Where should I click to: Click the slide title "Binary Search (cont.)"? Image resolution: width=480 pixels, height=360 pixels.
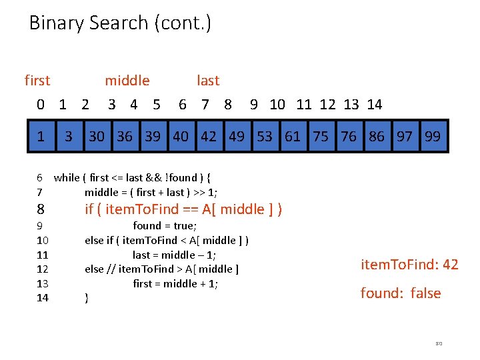tap(120, 23)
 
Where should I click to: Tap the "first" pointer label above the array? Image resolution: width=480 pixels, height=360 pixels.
tap(37, 81)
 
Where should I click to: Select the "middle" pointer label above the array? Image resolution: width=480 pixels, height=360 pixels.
tap(127, 81)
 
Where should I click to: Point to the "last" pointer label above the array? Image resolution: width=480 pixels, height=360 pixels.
tap(208, 81)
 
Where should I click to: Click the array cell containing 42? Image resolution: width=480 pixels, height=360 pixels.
tap(209, 137)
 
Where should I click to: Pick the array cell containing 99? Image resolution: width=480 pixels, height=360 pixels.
tap(433, 137)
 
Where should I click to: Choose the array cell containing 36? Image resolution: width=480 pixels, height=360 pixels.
tap(125, 137)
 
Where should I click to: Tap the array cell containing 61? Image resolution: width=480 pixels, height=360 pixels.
tap(293, 137)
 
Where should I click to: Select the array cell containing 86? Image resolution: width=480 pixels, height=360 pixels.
tap(377, 137)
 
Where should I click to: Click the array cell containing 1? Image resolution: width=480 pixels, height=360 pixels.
tap(41, 137)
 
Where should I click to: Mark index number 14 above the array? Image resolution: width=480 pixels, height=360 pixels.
tap(375, 104)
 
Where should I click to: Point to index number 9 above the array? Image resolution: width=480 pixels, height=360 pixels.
tap(254, 104)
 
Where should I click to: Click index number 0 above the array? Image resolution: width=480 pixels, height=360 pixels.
tap(41, 104)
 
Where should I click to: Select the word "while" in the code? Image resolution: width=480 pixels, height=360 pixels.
tap(66, 177)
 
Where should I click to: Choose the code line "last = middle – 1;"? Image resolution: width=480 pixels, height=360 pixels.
tap(174, 255)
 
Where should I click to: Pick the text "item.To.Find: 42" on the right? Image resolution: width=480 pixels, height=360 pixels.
tap(409, 265)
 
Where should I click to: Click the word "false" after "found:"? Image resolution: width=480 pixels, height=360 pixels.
tap(425, 293)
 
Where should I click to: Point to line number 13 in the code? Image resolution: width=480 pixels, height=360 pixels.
tap(42, 283)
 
